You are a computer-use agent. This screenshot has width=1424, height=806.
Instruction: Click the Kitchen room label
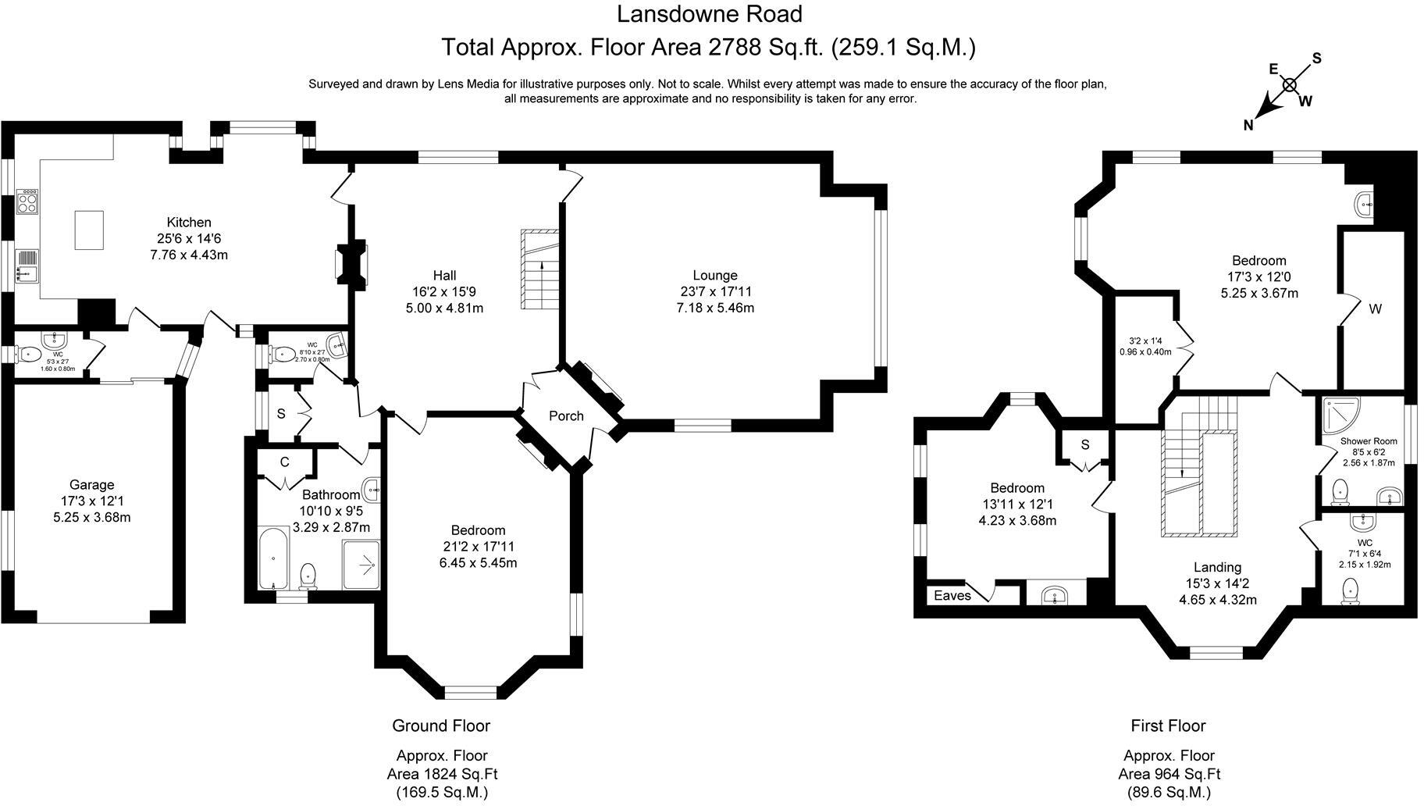(189, 223)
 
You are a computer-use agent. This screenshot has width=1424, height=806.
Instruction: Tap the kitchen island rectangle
(89, 230)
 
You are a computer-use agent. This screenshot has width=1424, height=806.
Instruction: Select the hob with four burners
(28, 201)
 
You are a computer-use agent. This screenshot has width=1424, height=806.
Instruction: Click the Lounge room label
(714, 275)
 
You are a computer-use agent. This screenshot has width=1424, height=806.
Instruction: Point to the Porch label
(566, 415)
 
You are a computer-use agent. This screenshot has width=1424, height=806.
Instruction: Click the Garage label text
(91, 485)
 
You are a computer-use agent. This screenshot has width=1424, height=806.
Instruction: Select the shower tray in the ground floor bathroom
(361, 565)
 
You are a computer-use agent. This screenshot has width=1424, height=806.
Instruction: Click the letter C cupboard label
(284, 462)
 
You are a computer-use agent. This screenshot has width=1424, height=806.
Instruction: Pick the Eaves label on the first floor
(952, 595)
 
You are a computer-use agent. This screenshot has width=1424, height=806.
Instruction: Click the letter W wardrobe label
(1375, 308)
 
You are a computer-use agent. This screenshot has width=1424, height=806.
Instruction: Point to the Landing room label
(1217, 567)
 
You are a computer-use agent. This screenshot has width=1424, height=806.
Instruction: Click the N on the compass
(1248, 125)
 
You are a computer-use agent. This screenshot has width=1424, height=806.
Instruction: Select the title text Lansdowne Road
(709, 14)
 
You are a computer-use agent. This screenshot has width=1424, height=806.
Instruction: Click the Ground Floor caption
(441, 726)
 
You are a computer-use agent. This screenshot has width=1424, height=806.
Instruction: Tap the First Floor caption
(1168, 726)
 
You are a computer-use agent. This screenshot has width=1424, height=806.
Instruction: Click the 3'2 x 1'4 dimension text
(1145, 341)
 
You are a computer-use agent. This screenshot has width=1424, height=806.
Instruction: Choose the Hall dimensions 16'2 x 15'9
(444, 291)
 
